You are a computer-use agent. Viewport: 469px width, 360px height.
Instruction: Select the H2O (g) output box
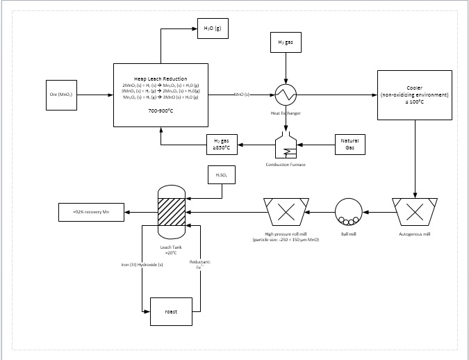point(212,29)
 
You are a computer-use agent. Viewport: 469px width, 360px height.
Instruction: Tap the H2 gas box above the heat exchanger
point(286,42)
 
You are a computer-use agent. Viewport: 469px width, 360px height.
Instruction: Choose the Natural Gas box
point(349,145)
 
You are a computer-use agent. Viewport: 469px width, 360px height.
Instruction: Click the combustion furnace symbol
point(286,146)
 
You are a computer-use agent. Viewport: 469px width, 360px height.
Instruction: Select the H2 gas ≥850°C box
point(222,145)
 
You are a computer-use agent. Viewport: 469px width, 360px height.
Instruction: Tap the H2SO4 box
point(222,176)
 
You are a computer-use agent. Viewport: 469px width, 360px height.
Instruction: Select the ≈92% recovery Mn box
point(91,212)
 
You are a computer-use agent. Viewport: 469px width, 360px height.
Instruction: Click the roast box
point(170,311)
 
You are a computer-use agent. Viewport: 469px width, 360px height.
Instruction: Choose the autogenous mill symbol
point(415,211)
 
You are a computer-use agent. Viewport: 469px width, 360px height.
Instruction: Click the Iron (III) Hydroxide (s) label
point(142,265)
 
